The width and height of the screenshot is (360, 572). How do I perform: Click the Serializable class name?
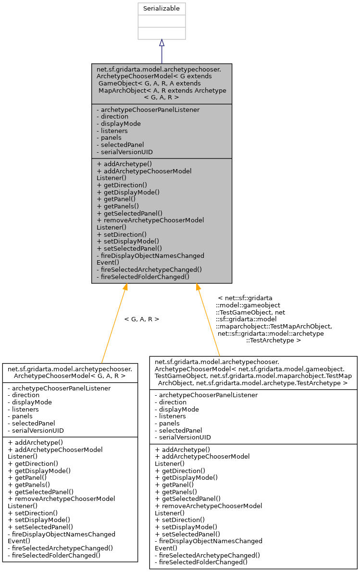click(161, 9)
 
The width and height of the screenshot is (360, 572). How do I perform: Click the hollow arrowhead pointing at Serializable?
click(161, 43)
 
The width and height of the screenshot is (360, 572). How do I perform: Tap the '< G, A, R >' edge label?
click(141, 319)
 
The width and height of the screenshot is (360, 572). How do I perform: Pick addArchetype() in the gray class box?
click(124, 164)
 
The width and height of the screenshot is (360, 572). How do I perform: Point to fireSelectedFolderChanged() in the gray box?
click(143, 277)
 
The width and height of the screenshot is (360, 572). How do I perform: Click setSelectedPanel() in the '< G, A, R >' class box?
click(40, 527)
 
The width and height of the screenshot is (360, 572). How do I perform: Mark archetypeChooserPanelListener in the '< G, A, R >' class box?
click(59, 388)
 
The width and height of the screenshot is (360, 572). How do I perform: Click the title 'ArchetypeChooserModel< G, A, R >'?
click(70, 372)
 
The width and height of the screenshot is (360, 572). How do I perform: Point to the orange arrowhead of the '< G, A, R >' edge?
click(125, 287)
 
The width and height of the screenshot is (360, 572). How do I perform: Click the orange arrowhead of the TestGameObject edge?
click(197, 287)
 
